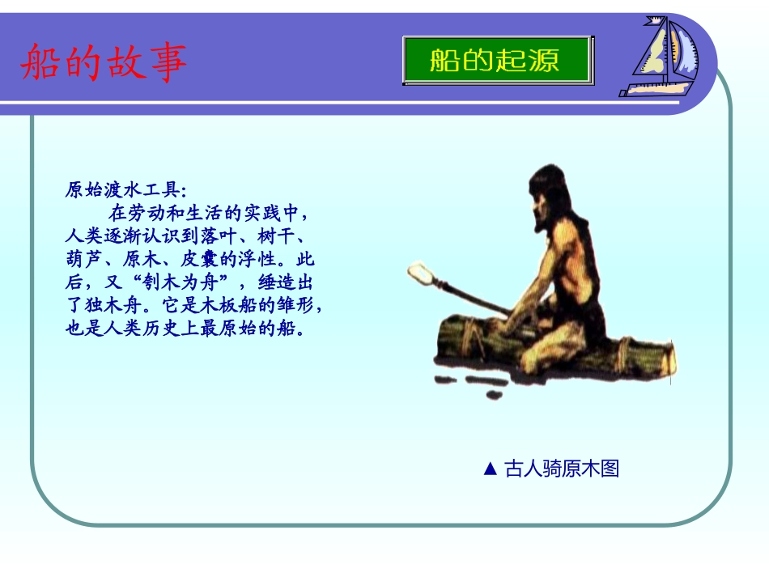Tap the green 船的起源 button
[x=497, y=60]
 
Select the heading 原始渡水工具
[x=125, y=191]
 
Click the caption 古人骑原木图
[x=561, y=469]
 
